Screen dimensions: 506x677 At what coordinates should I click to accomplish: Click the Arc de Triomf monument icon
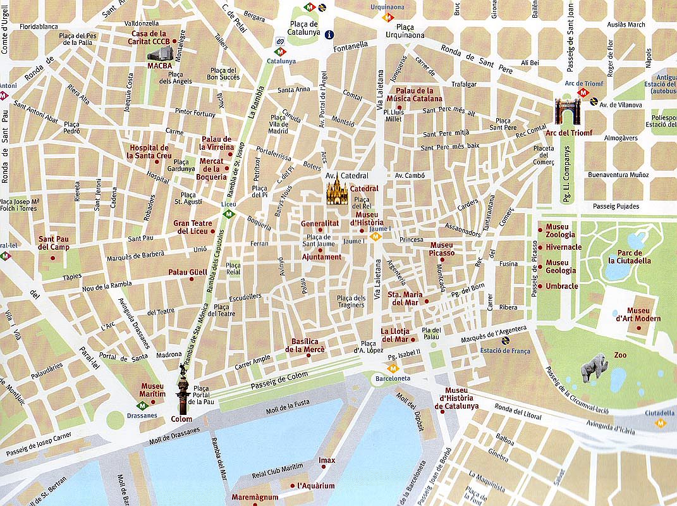[567, 110]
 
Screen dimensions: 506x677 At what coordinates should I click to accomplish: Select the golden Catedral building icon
[337, 190]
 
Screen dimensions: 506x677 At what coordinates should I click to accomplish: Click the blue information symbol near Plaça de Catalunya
[329, 35]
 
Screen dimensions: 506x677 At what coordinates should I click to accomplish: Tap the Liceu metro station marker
[229, 214]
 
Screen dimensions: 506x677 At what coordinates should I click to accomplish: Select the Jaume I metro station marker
[375, 237]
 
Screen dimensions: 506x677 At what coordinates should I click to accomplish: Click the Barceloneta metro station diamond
[393, 367]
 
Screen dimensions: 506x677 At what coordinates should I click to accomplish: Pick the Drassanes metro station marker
[142, 405]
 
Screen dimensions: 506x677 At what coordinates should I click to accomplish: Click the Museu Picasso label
[442, 249]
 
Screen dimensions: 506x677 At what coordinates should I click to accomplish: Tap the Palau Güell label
[187, 273]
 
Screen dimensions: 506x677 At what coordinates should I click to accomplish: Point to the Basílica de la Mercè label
[305, 345]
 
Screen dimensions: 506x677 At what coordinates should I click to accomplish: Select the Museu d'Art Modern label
[643, 314]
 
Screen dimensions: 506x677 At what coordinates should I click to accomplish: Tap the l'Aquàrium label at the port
[316, 486]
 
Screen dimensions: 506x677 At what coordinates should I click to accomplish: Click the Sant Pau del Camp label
[54, 243]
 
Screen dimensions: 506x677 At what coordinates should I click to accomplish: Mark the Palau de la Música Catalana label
[418, 95]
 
